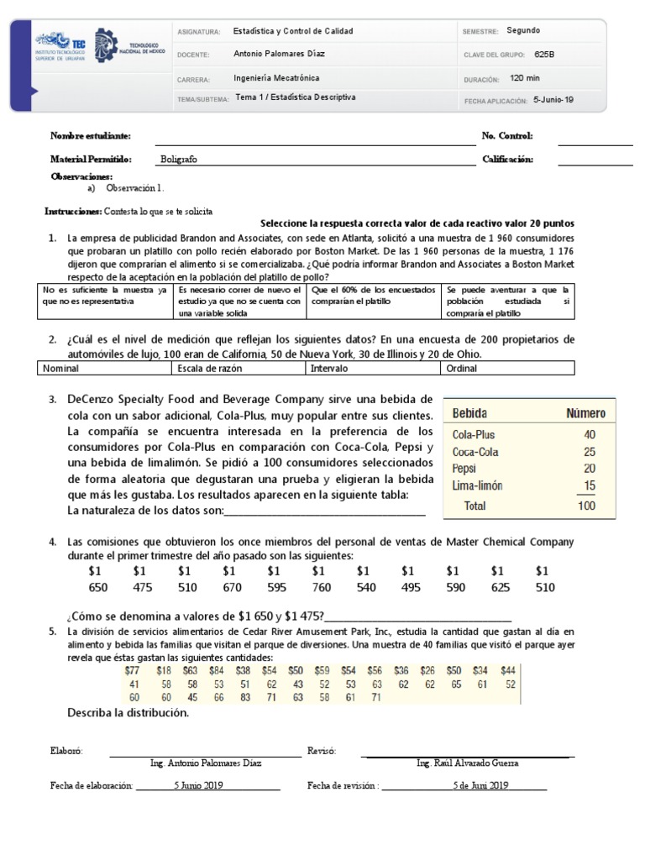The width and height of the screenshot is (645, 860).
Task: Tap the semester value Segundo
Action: [524, 30]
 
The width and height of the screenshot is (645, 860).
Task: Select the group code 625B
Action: [544, 55]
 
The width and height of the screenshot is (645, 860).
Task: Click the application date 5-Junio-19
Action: [553, 99]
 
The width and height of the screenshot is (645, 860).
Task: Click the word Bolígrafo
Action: [178, 159]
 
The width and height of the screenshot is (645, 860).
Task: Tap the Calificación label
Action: [508, 159]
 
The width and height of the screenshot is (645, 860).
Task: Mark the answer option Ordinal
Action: [462, 368]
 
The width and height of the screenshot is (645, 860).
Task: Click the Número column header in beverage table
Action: [585, 413]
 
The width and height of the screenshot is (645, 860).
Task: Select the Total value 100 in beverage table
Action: [586, 506]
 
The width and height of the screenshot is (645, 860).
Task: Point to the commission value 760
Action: [322, 587]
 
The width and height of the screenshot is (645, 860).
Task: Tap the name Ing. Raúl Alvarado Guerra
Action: [467, 763]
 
